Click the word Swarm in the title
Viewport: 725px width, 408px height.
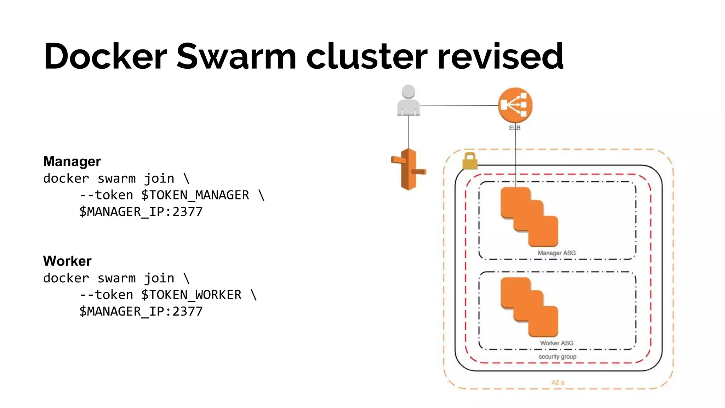236,57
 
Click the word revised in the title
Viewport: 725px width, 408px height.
500,57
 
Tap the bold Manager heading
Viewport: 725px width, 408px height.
72,161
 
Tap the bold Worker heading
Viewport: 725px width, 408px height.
67,261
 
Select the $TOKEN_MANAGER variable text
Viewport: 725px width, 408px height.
195,195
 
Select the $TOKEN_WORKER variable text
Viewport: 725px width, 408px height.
191,295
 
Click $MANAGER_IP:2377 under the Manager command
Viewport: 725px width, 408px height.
141,212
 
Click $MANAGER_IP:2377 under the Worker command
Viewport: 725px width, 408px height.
141,311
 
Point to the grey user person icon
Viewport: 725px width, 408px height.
408,101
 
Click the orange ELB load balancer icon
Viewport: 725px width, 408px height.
515,105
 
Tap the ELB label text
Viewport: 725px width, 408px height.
514,128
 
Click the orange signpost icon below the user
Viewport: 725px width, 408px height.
409,169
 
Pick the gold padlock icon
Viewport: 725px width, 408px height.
470,161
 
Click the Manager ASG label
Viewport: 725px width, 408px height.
556,253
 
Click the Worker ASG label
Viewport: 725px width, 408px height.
556,343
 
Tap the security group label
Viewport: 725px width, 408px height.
557,357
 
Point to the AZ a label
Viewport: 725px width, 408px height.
558,382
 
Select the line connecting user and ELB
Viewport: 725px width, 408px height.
459,106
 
